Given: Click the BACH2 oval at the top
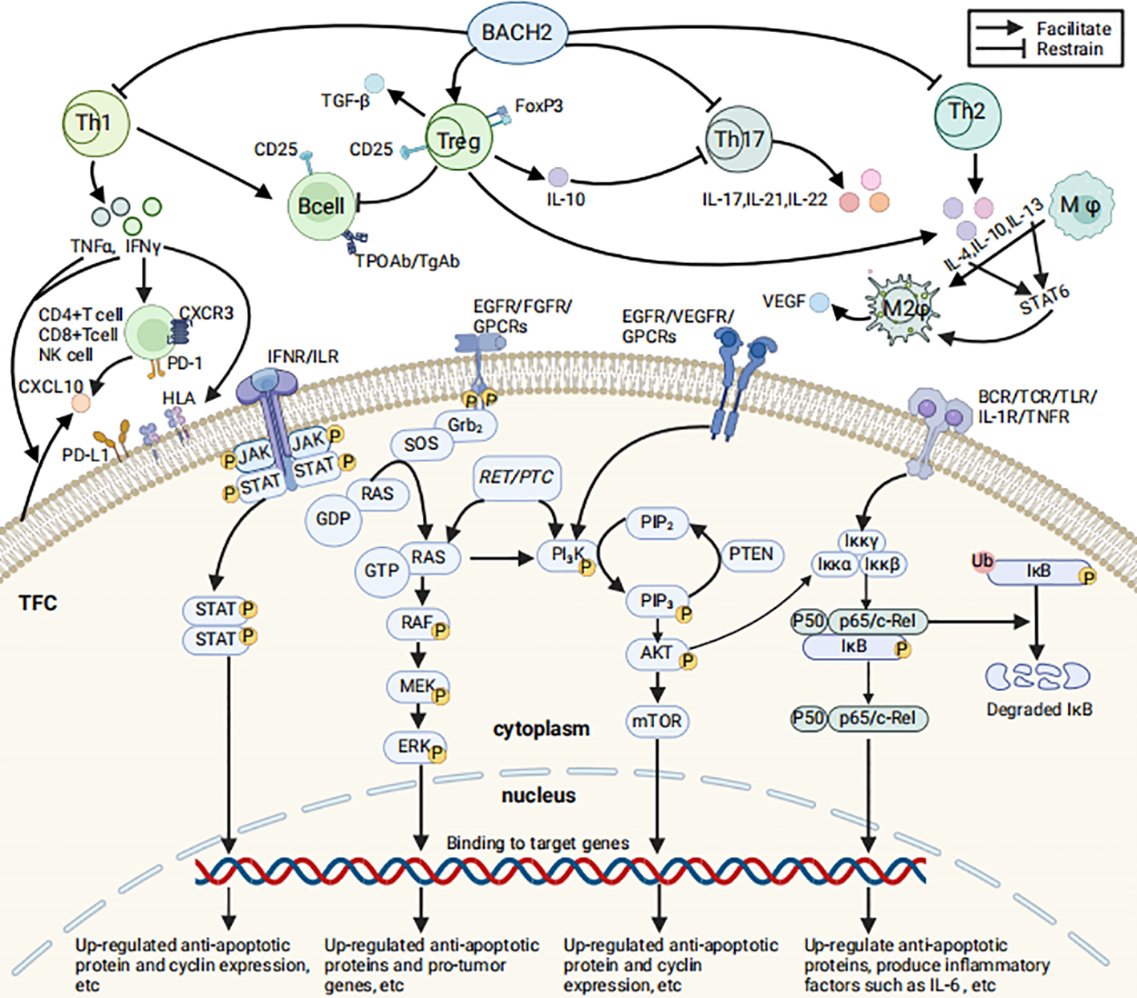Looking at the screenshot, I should [x=517, y=33].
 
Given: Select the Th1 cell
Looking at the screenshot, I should [x=95, y=124].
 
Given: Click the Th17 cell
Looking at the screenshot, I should [x=738, y=140].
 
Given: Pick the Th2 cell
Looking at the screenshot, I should [x=967, y=113].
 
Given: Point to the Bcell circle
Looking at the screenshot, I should [x=321, y=207].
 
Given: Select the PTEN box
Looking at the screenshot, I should [x=750, y=554].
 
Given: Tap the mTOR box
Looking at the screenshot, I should [x=656, y=721].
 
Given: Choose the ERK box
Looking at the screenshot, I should [x=416, y=747].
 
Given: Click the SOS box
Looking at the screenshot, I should [x=421, y=444].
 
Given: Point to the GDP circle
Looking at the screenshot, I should [x=332, y=519].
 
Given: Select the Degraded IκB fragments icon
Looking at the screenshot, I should [x=1038, y=676].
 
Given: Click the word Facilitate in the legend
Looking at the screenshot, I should [x=1073, y=29].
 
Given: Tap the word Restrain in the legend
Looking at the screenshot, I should [x=1069, y=50].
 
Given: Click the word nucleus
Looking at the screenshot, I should [x=538, y=796].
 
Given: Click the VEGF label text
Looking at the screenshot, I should [x=783, y=302].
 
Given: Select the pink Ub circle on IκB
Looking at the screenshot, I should [x=981, y=561].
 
